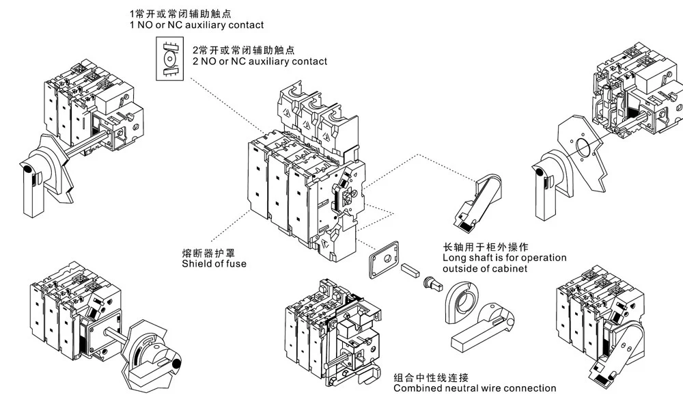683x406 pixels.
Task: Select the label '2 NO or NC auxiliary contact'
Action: click(x=260, y=62)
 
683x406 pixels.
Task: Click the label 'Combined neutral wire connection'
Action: click(x=475, y=388)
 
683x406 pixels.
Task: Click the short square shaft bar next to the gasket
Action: click(x=410, y=270)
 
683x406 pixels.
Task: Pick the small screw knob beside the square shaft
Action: click(x=430, y=281)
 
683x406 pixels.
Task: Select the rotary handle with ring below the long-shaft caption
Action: click(x=478, y=321)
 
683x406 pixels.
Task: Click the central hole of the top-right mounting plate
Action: click(x=583, y=146)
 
